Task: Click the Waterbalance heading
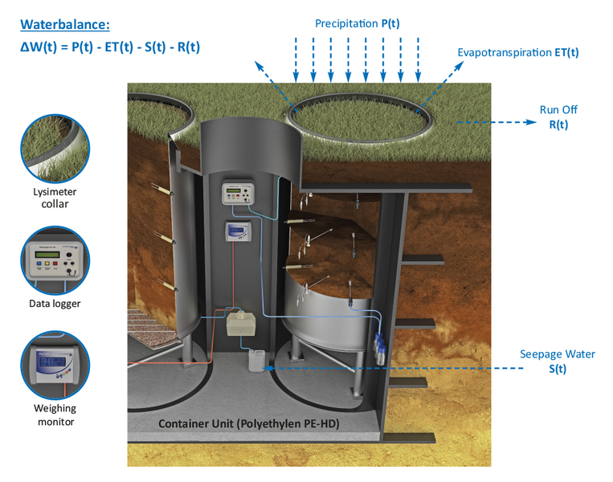click(x=65, y=25)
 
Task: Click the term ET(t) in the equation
click(x=119, y=47)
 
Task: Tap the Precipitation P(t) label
click(x=358, y=24)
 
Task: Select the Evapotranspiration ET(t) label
click(x=518, y=52)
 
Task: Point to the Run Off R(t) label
click(x=558, y=116)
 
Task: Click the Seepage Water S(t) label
click(x=558, y=361)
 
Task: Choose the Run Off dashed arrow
click(x=497, y=122)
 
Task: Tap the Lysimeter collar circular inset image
click(x=55, y=149)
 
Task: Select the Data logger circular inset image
click(x=55, y=260)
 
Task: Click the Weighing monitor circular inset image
click(x=55, y=366)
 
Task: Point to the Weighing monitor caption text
click(x=55, y=415)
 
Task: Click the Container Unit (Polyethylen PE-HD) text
click(x=248, y=423)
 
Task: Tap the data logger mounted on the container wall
click(x=238, y=192)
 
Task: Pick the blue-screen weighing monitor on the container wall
click(x=238, y=231)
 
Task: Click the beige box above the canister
click(x=241, y=322)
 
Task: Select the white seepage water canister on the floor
click(x=256, y=360)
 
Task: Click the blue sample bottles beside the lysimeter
click(x=379, y=349)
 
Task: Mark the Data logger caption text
click(x=55, y=304)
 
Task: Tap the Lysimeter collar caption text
click(x=55, y=198)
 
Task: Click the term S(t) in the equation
click(x=155, y=47)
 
